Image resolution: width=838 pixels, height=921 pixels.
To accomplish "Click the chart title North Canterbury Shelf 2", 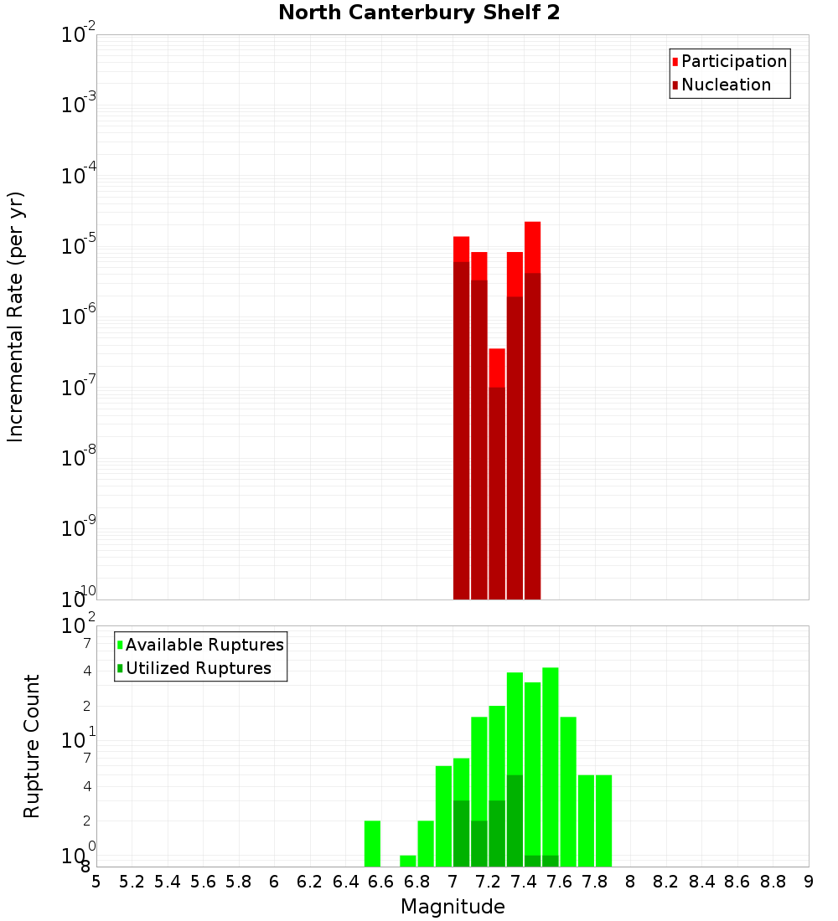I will (x=419, y=13).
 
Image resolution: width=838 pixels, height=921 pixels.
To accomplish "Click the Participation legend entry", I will (x=733, y=61).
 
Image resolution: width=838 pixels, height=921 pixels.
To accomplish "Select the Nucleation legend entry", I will (x=726, y=85).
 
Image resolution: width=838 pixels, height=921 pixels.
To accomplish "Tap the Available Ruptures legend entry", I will (x=204, y=645).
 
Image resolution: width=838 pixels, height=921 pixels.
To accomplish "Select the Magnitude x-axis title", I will (x=453, y=907).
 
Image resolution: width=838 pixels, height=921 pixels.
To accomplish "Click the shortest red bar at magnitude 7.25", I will (x=497, y=473).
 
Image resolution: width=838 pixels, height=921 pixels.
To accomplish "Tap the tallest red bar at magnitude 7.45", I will (x=532, y=410).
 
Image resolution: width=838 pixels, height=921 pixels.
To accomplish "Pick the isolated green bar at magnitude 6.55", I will (x=372, y=843).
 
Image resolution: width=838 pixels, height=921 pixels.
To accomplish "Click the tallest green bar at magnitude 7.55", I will (x=551, y=766).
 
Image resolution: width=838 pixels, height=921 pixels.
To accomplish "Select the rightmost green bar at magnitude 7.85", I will (x=603, y=821).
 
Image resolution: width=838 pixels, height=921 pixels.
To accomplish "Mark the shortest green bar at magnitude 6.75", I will (x=408, y=861).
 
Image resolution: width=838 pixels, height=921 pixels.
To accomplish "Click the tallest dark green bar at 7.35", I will (x=515, y=821).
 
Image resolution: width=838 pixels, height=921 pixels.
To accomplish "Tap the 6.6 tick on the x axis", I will (x=381, y=882).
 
